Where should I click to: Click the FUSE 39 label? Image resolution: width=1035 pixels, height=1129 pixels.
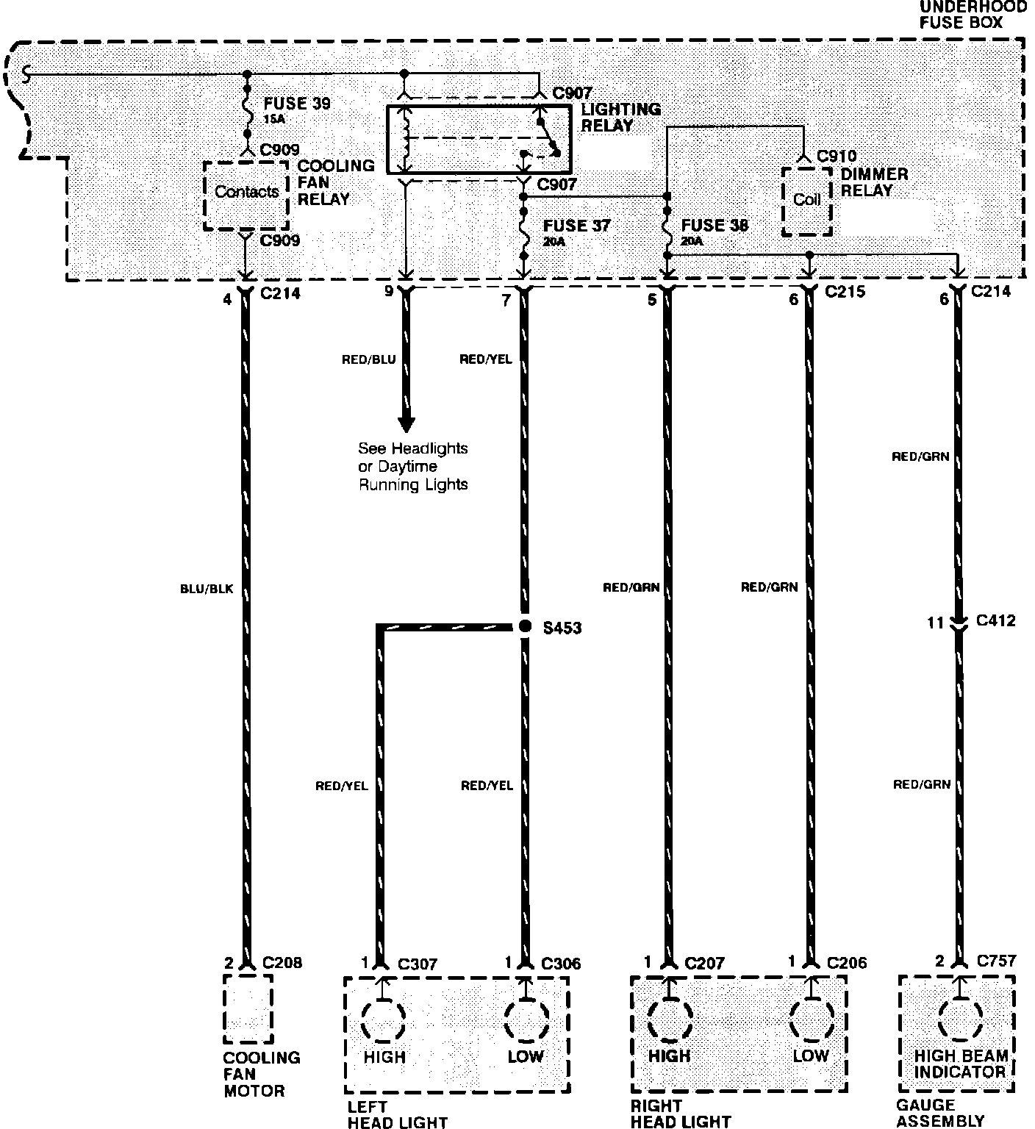click(296, 104)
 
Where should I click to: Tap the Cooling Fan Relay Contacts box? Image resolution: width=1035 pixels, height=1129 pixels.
click(246, 193)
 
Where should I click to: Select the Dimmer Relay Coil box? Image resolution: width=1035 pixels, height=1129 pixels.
click(806, 201)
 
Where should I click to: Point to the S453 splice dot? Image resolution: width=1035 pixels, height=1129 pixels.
click(524, 626)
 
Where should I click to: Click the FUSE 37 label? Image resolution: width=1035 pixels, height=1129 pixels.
click(576, 226)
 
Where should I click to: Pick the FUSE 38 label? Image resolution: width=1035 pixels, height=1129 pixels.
click(715, 226)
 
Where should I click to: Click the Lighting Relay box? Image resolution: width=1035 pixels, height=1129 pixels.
click(478, 140)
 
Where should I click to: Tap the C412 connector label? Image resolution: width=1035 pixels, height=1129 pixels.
click(995, 621)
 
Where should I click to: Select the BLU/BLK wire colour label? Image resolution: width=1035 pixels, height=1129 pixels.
click(206, 589)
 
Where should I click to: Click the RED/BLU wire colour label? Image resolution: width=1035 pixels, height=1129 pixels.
click(369, 359)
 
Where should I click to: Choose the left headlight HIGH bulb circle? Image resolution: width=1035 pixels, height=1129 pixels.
click(383, 1020)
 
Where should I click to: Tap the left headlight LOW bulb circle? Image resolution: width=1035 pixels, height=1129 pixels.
click(526, 1020)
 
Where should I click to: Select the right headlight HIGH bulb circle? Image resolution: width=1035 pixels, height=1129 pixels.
click(670, 1020)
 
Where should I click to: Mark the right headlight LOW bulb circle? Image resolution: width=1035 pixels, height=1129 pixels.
click(812, 1020)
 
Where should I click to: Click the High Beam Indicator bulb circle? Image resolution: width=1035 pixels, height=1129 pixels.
click(959, 1020)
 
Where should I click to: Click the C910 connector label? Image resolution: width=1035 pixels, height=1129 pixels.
click(837, 157)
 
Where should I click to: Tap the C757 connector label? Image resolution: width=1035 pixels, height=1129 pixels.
click(996, 961)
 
